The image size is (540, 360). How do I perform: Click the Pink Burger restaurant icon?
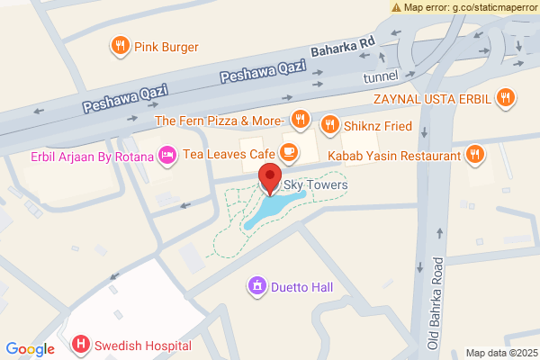tap(119, 46)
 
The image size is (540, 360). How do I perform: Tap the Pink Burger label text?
tap(166, 47)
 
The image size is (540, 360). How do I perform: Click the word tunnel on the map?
tap(381, 78)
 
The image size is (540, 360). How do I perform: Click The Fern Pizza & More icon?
tap(301, 120)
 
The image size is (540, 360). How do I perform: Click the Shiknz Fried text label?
tap(374, 124)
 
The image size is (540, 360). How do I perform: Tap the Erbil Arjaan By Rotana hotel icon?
tap(166, 156)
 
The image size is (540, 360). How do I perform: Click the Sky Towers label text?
tap(315, 185)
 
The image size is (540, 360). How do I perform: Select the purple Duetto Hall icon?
tap(257, 287)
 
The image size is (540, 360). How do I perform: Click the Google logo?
tap(31, 349)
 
